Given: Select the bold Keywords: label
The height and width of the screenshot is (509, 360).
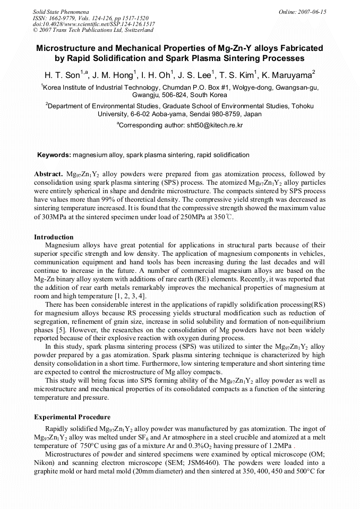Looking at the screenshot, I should pos(54,155).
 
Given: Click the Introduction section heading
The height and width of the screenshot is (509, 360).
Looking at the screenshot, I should pos(54,237).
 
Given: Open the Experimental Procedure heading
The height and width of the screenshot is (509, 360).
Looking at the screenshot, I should pos(72,417).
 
